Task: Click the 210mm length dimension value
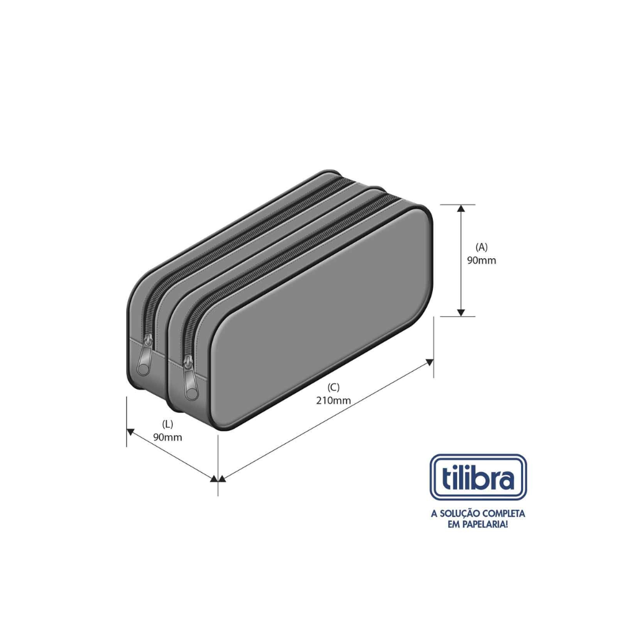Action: point(334,401)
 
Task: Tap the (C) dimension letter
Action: point(334,388)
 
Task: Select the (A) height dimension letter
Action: point(481,247)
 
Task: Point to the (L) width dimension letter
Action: point(168,424)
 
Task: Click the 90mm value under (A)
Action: point(481,260)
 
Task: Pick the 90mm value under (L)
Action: point(168,437)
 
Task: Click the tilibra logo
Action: point(478,478)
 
